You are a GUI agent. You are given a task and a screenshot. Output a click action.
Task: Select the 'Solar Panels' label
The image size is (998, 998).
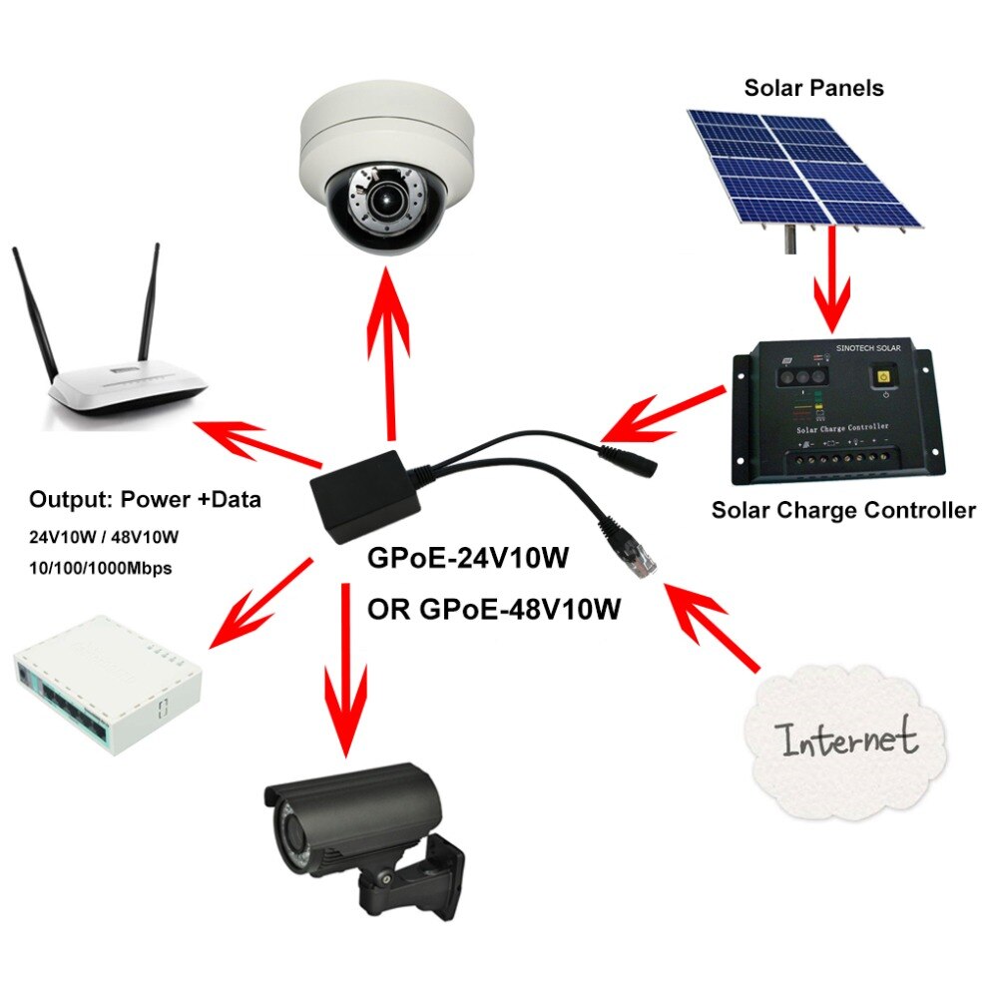[813, 88]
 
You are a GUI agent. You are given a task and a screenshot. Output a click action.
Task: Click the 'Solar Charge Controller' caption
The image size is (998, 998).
[842, 511]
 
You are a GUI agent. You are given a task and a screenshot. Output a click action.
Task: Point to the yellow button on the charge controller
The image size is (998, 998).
[882, 376]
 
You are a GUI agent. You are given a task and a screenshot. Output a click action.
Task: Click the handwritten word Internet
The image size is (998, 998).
[848, 739]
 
